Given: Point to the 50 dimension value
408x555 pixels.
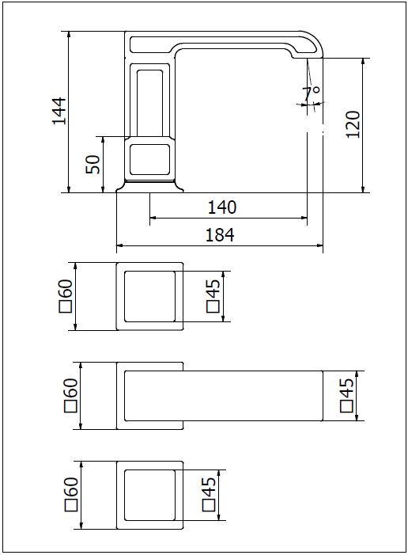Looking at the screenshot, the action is click(x=93, y=164).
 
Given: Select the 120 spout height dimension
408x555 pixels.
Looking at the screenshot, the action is click(x=353, y=124).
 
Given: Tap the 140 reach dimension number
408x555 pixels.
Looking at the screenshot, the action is click(x=221, y=207).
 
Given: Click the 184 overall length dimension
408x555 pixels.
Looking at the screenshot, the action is click(x=220, y=234).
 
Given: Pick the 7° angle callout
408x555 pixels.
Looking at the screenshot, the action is click(x=312, y=93).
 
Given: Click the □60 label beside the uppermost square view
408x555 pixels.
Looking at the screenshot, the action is click(x=66, y=296).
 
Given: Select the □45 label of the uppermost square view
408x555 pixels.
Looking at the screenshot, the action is click(x=213, y=296).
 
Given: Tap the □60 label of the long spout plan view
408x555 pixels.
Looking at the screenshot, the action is click(x=70, y=395).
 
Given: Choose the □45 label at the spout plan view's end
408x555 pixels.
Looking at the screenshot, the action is click(x=347, y=395).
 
